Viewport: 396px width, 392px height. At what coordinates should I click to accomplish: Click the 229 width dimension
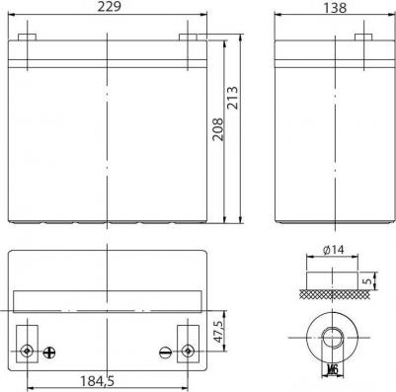point(109,7)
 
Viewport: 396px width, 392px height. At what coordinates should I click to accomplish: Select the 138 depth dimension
point(335,7)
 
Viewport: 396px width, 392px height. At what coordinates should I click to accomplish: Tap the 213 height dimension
point(232,98)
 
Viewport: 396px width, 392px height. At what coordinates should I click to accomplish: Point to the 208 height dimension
point(217,129)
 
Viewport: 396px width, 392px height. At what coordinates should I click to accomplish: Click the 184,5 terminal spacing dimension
point(98,381)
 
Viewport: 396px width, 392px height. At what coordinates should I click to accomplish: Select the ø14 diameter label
point(333,250)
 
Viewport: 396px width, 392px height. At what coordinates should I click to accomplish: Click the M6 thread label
point(333,370)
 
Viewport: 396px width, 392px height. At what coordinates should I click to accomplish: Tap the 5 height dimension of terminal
point(368,281)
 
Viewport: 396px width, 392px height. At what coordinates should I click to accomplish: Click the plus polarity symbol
point(49,353)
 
